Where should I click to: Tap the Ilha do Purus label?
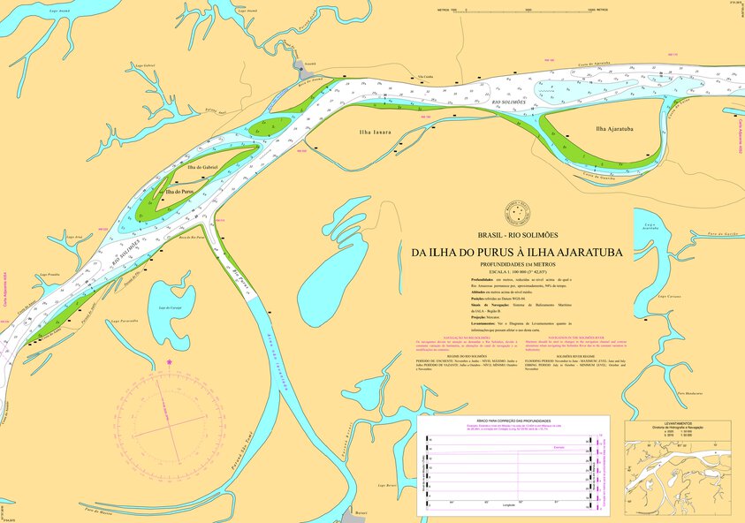[179, 192]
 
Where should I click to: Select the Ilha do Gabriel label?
[202, 166]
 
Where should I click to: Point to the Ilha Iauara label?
[376, 133]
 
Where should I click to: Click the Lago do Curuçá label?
[169, 307]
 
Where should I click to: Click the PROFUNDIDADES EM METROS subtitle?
[517, 265]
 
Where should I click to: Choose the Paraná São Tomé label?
[241, 450]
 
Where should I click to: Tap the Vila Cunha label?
[426, 77]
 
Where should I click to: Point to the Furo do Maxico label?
[100, 510]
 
